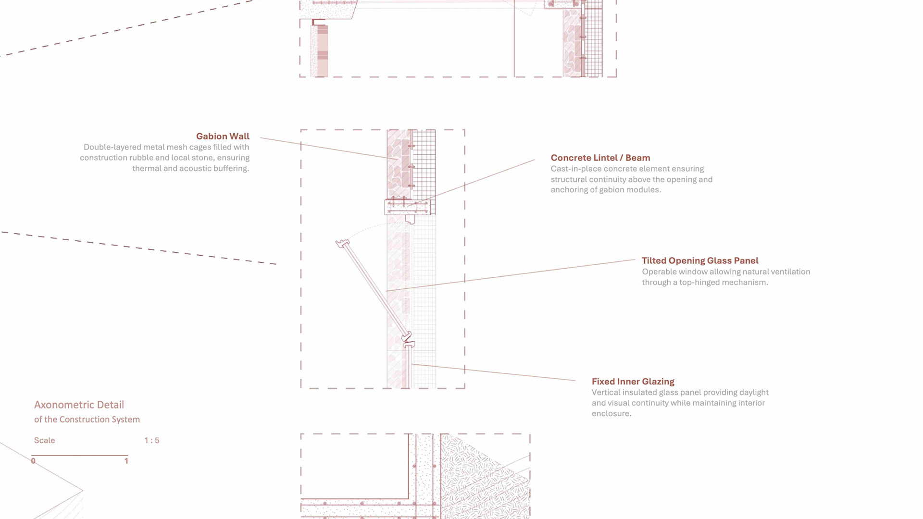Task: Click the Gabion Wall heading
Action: (x=223, y=136)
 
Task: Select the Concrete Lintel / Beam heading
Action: (x=600, y=158)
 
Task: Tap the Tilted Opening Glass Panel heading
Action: (x=700, y=261)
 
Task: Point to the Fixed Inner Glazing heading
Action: (x=633, y=382)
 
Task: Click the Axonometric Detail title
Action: (x=79, y=405)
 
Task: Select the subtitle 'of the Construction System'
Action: (x=87, y=420)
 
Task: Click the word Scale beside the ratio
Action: (x=44, y=441)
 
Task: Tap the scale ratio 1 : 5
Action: (x=151, y=441)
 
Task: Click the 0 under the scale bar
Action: (x=33, y=461)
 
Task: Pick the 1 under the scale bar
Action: (x=126, y=461)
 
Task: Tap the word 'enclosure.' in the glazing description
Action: (x=611, y=414)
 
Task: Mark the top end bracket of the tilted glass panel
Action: (x=342, y=244)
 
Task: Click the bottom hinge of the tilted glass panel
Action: (x=408, y=339)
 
